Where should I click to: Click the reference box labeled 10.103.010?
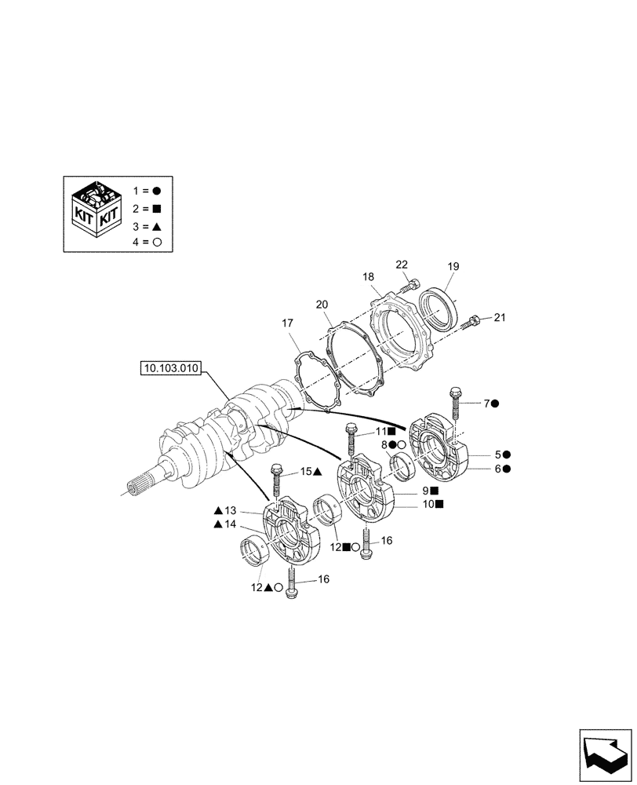point(170,367)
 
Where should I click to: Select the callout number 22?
point(402,265)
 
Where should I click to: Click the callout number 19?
point(453,267)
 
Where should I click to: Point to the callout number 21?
point(501,317)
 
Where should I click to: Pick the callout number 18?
point(369,276)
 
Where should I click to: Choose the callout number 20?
point(322,305)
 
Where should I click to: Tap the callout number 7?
point(486,403)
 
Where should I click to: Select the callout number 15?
point(306,473)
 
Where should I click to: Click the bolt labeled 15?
point(276,480)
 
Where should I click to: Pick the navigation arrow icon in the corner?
point(604,754)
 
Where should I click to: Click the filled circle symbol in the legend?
point(157,191)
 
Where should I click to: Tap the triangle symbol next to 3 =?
point(157,225)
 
